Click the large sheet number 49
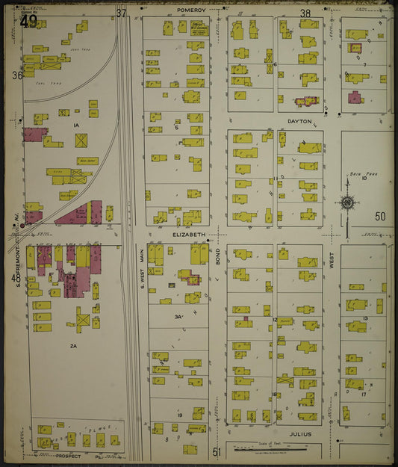tap(29, 21)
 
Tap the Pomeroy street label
tap(191, 10)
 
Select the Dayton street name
tap(299, 120)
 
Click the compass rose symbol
tap(348, 202)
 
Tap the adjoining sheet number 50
tap(380, 217)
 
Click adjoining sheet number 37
tap(121, 12)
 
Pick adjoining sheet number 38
tap(305, 13)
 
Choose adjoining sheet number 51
tap(217, 451)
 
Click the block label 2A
tap(74, 346)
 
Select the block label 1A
tap(75, 125)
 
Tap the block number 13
tap(365, 318)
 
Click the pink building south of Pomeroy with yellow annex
tap(354, 97)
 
